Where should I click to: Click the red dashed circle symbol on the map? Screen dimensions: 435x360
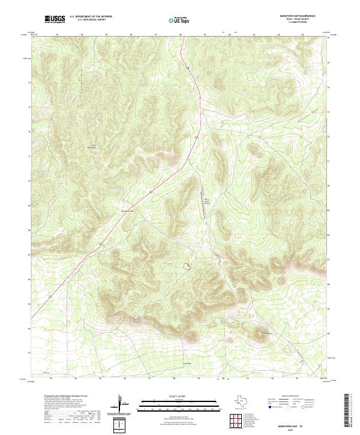click(187, 264)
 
